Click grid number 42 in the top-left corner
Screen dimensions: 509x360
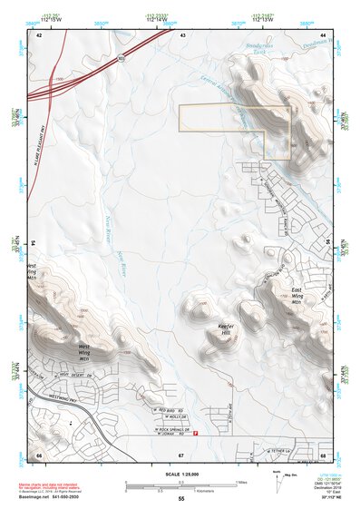[x=39, y=34]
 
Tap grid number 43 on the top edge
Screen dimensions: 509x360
[x=182, y=34]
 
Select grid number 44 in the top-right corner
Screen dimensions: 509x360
[x=323, y=34]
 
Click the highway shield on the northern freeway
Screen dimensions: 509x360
[x=119, y=59]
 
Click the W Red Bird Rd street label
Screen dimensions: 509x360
[x=170, y=411]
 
